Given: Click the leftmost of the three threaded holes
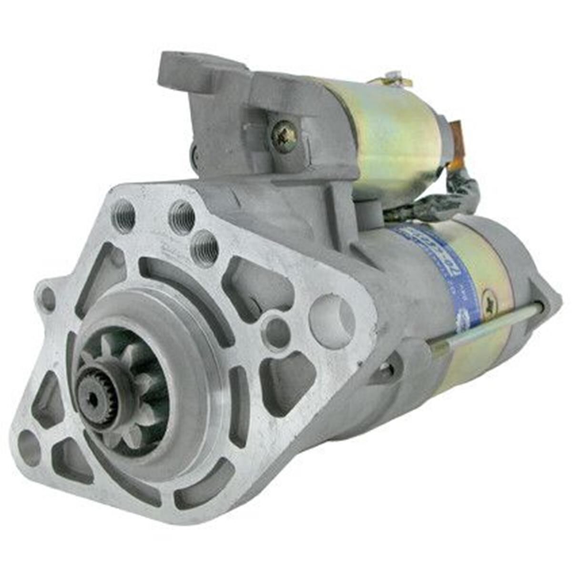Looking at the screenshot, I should pyautogui.click(x=123, y=216).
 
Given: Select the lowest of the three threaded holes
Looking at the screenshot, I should pyautogui.click(x=204, y=248).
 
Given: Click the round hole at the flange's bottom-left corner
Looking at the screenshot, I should pyautogui.click(x=30, y=448).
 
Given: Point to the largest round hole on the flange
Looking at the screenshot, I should pyautogui.click(x=332, y=315).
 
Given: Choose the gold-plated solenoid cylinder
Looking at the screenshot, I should pyautogui.click(x=391, y=138).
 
